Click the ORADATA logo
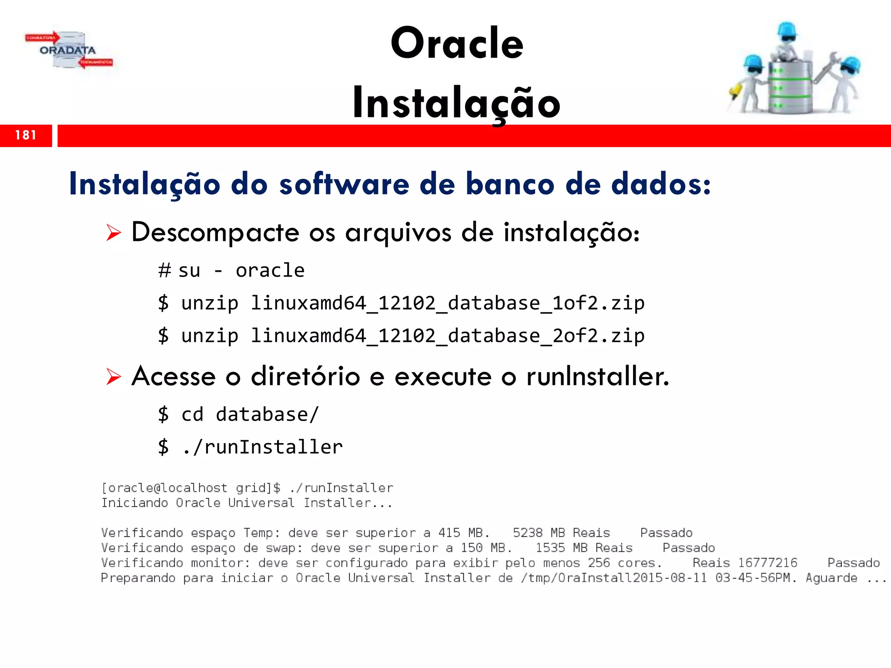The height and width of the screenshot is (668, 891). [x=69, y=50]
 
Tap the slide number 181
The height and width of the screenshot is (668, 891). [x=25, y=135]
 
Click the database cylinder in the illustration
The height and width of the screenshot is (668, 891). [x=790, y=87]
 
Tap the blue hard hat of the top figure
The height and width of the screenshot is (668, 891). [x=787, y=30]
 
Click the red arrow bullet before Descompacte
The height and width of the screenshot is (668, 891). [x=114, y=233]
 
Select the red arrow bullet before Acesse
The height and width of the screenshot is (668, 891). [x=114, y=376]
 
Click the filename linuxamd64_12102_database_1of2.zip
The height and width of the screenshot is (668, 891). [x=448, y=303]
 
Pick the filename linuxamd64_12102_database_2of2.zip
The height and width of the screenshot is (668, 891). [x=448, y=336]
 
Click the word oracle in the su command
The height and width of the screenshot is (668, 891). [x=270, y=271]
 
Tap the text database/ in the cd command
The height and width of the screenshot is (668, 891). [x=267, y=414]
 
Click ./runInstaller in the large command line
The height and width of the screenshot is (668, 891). [x=262, y=447]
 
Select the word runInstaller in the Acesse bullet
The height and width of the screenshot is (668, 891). [x=597, y=376]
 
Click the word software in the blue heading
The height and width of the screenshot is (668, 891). [x=344, y=184]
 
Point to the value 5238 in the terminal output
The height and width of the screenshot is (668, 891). [x=527, y=533]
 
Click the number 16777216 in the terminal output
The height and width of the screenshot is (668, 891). [x=767, y=563]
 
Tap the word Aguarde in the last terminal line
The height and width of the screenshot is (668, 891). [x=831, y=578]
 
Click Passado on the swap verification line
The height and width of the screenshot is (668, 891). [x=689, y=548]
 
